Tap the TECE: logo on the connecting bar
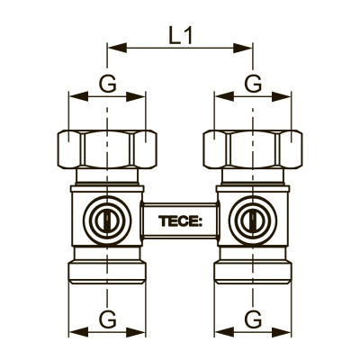180,221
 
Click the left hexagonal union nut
107,149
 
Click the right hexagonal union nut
253,149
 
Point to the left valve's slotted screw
107,221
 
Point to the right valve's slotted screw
253,221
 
